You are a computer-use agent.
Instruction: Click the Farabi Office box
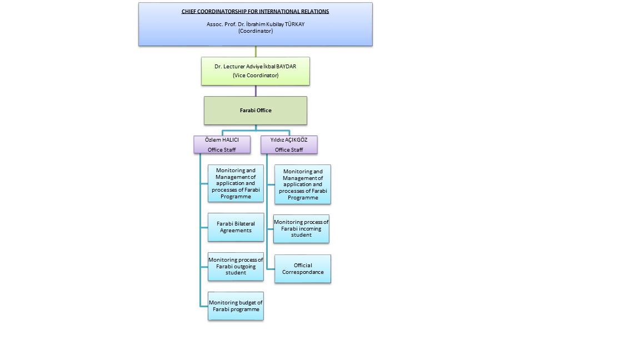pyautogui.click(x=256, y=110)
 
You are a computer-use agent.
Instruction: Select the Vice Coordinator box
pyautogui.click(x=256, y=71)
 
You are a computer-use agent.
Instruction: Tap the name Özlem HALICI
pyautogui.click(x=222, y=140)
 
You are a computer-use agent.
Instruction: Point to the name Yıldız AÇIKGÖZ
pyautogui.click(x=289, y=140)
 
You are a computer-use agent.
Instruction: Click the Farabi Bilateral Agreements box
pyautogui.click(x=236, y=227)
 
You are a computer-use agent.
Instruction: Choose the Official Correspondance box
pyautogui.click(x=303, y=269)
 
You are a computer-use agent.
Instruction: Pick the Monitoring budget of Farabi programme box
pyautogui.click(x=236, y=306)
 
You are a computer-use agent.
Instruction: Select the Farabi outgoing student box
pyautogui.click(x=236, y=266)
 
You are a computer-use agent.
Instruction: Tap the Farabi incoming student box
pyautogui.click(x=301, y=228)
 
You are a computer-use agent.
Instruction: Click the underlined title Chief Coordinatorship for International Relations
pyautogui.click(x=255, y=11)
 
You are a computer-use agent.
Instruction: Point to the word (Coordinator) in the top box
pyautogui.click(x=255, y=31)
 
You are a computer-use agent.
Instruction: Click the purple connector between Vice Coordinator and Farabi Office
pyautogui.click(x=256, y=91)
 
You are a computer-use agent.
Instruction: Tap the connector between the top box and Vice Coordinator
pyautogui.click(x=256, y=51)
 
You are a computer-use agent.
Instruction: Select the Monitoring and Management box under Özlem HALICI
pyautogui.click(x=236, y=183)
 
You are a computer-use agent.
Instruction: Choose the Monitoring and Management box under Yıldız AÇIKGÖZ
pyautogui.click(x=303, y=184)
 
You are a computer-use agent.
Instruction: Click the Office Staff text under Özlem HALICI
pyautogui.click(x=222, y=150)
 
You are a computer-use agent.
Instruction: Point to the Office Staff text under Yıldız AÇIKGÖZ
pyautogui.click(x=289, y=150)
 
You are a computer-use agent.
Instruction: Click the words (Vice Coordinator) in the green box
pyautogui.click(x=256, y=75)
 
